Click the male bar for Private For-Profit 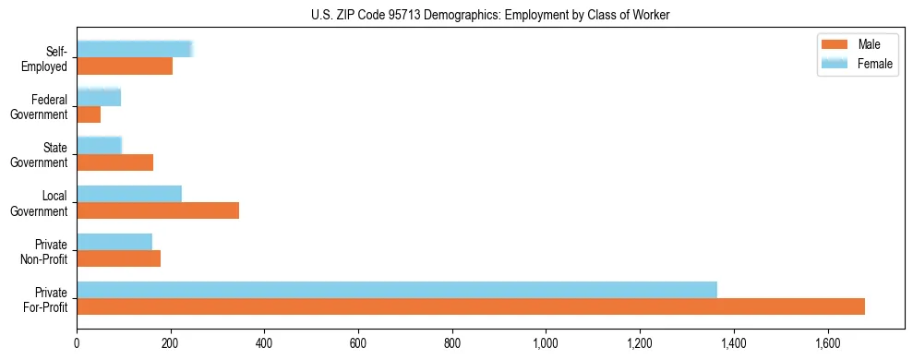coord(471,306)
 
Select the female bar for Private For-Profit coord(397,290)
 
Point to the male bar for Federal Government coord(89,114)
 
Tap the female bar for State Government coord(99,146)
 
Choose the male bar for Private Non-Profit coord(119,258)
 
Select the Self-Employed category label coord(47,58)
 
